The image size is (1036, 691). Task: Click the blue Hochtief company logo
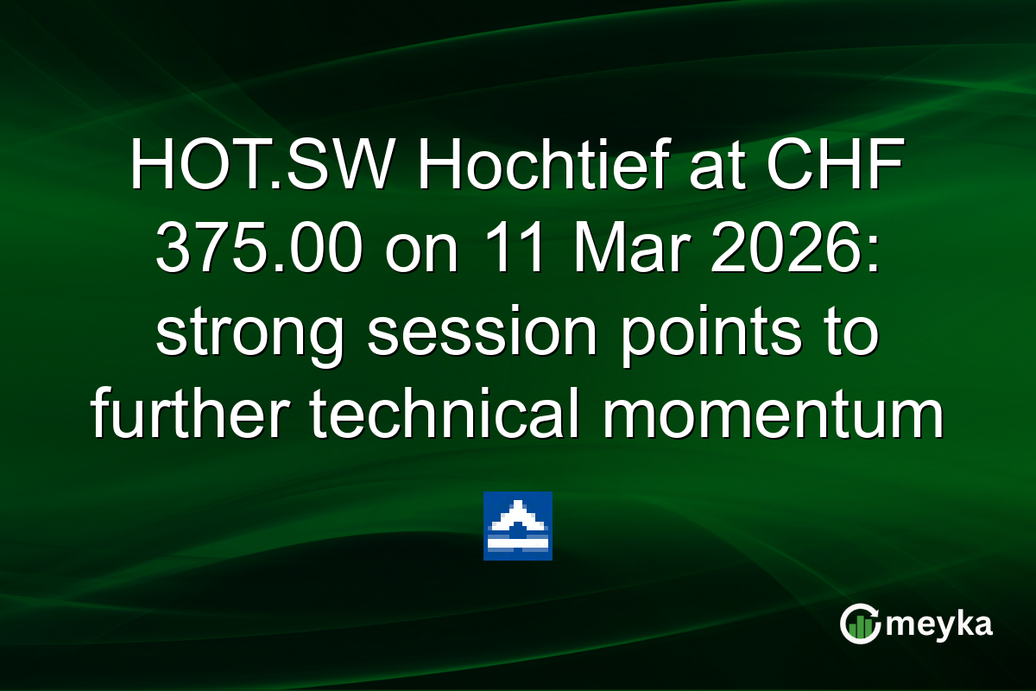tap(518, 526)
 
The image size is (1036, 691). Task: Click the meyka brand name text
tap(942, 624)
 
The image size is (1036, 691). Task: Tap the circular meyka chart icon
tap(860, 624)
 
